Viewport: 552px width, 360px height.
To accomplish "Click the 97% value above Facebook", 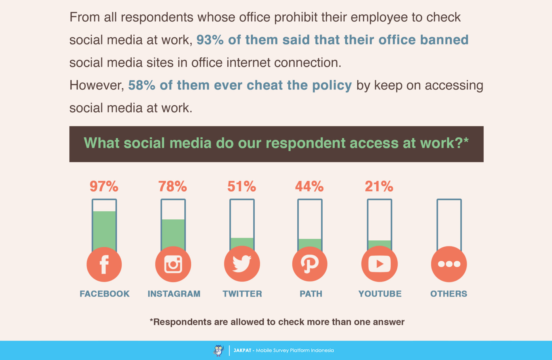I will [104, 186].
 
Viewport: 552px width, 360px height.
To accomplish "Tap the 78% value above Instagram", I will [172, 186].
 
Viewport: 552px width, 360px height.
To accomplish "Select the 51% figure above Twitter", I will [241, 186].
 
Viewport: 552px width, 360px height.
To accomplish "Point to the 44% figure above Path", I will [309, 186].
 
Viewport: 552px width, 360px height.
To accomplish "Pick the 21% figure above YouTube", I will [379, 186].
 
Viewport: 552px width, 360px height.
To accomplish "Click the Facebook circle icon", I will [104, 264].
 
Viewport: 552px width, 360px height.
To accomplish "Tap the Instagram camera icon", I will [173, 264].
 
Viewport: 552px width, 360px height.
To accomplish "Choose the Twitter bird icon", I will [242, 264].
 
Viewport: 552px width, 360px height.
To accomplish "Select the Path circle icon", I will [310, 264].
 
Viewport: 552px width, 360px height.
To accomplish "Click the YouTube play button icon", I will [379, 264].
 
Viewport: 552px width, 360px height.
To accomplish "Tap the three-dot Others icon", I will [449, 264].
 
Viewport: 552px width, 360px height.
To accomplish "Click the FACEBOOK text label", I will [105, 294].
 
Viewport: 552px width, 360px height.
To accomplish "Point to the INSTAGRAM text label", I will [174, 294].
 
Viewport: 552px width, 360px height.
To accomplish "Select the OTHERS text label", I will [448, 294].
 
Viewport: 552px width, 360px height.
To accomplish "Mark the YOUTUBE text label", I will [380, 294].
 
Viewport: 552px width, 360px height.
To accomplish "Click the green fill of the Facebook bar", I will [104, 230].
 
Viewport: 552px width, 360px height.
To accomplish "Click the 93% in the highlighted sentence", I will [210, 40].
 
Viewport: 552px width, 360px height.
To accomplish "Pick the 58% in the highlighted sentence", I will [141, 85].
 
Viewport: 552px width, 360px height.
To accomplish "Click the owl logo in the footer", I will [218, 350].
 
